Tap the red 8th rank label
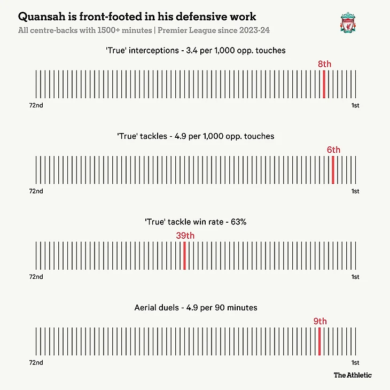point(324,64)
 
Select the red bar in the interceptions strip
point(324,84)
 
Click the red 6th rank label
point(333,150)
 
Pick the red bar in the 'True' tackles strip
point(333,169)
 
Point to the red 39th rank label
point(185,236)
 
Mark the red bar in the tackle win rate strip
point(185,255)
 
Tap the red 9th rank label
point(320,321)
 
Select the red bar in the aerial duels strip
point(319,341)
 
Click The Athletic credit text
point(353,375)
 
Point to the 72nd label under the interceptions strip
point(36,106)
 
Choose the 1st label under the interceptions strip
point(355,106)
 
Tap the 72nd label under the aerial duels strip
point(36,362)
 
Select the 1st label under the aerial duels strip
point(355,362)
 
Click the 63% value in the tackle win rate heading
point(238,222)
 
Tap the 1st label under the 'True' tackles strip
point(355,191)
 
